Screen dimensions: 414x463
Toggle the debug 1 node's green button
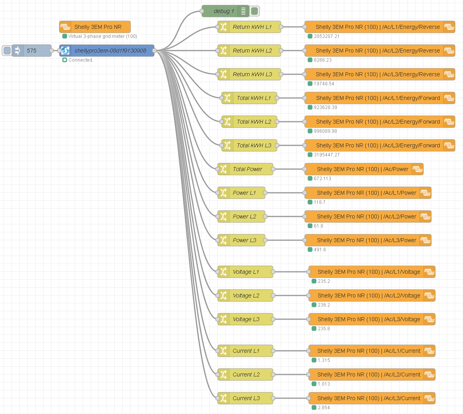click(x=254, y=11)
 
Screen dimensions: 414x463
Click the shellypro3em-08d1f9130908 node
click(x=110, y=51)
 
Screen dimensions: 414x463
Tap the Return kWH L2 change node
click(x=252, y=51)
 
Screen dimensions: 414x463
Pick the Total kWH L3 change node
click(x=254, y=145)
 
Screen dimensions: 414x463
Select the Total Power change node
click(x=247, y=169)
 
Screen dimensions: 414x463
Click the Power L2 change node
click(x=244, y=216)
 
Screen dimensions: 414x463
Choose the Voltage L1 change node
click(x=246, y=272)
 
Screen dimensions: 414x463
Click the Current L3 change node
click(x=246, y=398)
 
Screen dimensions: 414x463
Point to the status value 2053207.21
click(x=326, y=36)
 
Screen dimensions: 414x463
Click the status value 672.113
click(x=322, y=179)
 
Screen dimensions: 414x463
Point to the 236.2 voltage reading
click(x=324, y=305)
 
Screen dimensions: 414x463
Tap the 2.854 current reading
click(x=324, y=408)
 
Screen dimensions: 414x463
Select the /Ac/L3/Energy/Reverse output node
click(x=378, y=74)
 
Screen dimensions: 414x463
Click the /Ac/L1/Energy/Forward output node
click(x=378, y=98)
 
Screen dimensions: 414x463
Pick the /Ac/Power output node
click(x=362, y=169)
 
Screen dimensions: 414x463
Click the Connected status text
click(x=81, y=60)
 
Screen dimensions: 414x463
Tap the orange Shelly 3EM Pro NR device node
click(x=97, y=27)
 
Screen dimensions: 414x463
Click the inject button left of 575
click(x=7, y=51)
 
